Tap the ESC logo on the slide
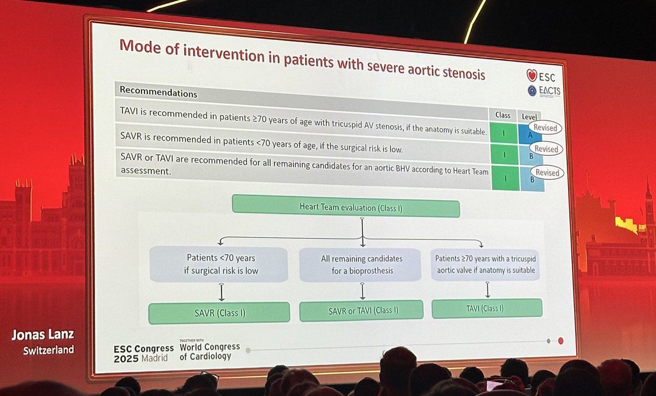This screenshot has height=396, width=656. point(542,75)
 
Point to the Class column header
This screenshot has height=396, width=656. point(502,115)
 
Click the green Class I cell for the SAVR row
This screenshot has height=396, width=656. point(505,154)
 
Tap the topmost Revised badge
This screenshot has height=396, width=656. point(545,128)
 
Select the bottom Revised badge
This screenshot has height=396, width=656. point(547,173)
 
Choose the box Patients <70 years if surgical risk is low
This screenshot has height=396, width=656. point(218,264)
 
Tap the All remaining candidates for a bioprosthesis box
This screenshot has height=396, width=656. point(361,264)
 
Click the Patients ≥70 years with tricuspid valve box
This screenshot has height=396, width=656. point(485,264)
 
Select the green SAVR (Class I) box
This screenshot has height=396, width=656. point(219,313)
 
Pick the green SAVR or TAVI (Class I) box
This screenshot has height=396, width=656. point(361,310)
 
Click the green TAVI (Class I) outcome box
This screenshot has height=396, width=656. point(487,308)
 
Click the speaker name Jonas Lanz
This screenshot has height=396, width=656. point(42,335)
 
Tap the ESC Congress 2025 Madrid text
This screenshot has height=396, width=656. point(143,353)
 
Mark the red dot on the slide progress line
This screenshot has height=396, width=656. point(560,341)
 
